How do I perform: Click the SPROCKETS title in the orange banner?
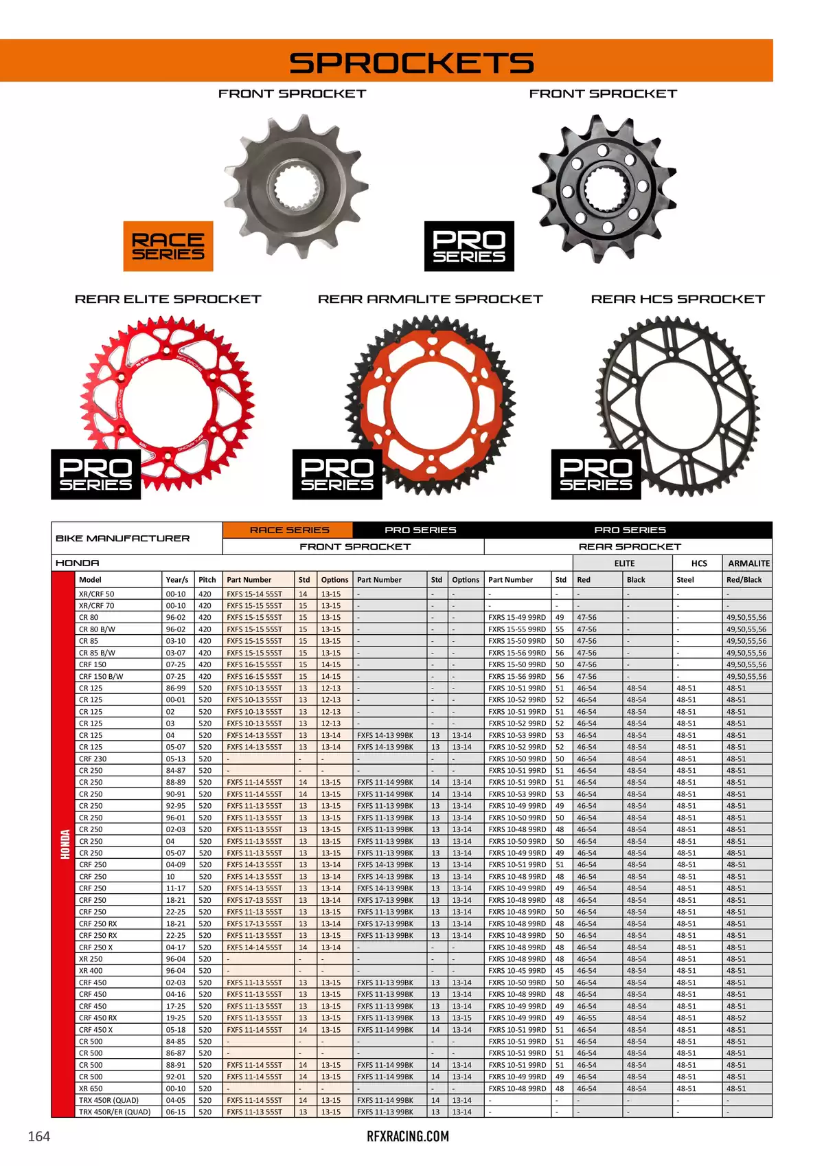coord(411,63)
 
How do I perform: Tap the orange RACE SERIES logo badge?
coord(168,246)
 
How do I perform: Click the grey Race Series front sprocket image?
coord(297,186)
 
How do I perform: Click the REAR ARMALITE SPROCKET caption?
coord(430,300)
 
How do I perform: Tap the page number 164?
coord(38,1136)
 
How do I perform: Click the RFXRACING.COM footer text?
coord(408,1136)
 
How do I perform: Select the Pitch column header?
coord(207,580)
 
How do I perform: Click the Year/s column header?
coord(176,580)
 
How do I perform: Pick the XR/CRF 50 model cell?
coord(97,594)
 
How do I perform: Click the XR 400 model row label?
coord(91,971)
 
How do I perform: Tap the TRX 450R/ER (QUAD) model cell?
coord(115,1112)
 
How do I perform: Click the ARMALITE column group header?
coord(748,563)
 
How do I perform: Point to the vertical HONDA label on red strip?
coord(65,844)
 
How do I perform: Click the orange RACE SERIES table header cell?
coord(288,530)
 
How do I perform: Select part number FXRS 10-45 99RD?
coord(517,971)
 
